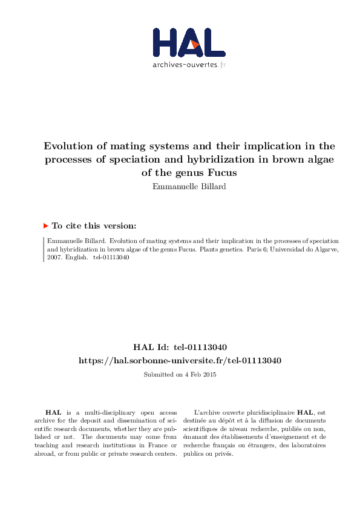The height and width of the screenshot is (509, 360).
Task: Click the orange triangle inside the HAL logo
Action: point(195,44)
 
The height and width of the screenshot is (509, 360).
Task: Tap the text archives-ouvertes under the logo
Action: point(184,65)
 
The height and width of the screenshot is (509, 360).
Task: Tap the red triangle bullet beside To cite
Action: point(45,225)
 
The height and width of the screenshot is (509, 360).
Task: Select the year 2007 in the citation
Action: point(54,257)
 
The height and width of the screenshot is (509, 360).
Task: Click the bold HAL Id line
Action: point(180,348)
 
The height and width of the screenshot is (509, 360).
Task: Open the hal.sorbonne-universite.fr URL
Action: point(180,360)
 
